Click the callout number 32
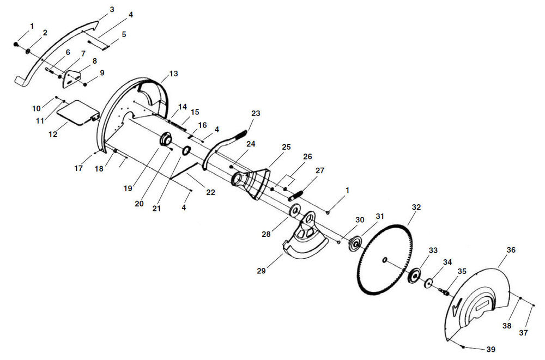416,207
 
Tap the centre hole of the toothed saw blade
384,260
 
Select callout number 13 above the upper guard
173,74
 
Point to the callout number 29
261,271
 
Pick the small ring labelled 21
186,151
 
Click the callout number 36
511,250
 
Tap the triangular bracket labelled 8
70,79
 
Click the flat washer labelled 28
295,211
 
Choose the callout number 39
491,349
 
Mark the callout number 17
78,168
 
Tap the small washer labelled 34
428,283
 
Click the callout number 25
286,147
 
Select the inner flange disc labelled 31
355,243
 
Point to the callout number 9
102,72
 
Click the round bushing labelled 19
166,139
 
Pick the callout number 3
112,9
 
